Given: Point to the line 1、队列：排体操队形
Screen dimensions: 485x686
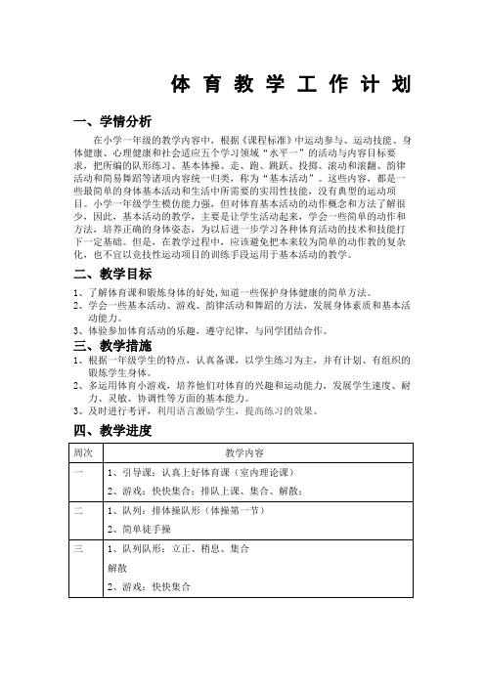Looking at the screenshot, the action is coord(187,511).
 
